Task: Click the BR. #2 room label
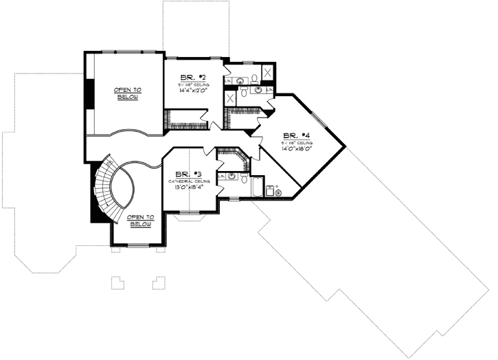190,77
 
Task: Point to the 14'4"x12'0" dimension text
190,90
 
